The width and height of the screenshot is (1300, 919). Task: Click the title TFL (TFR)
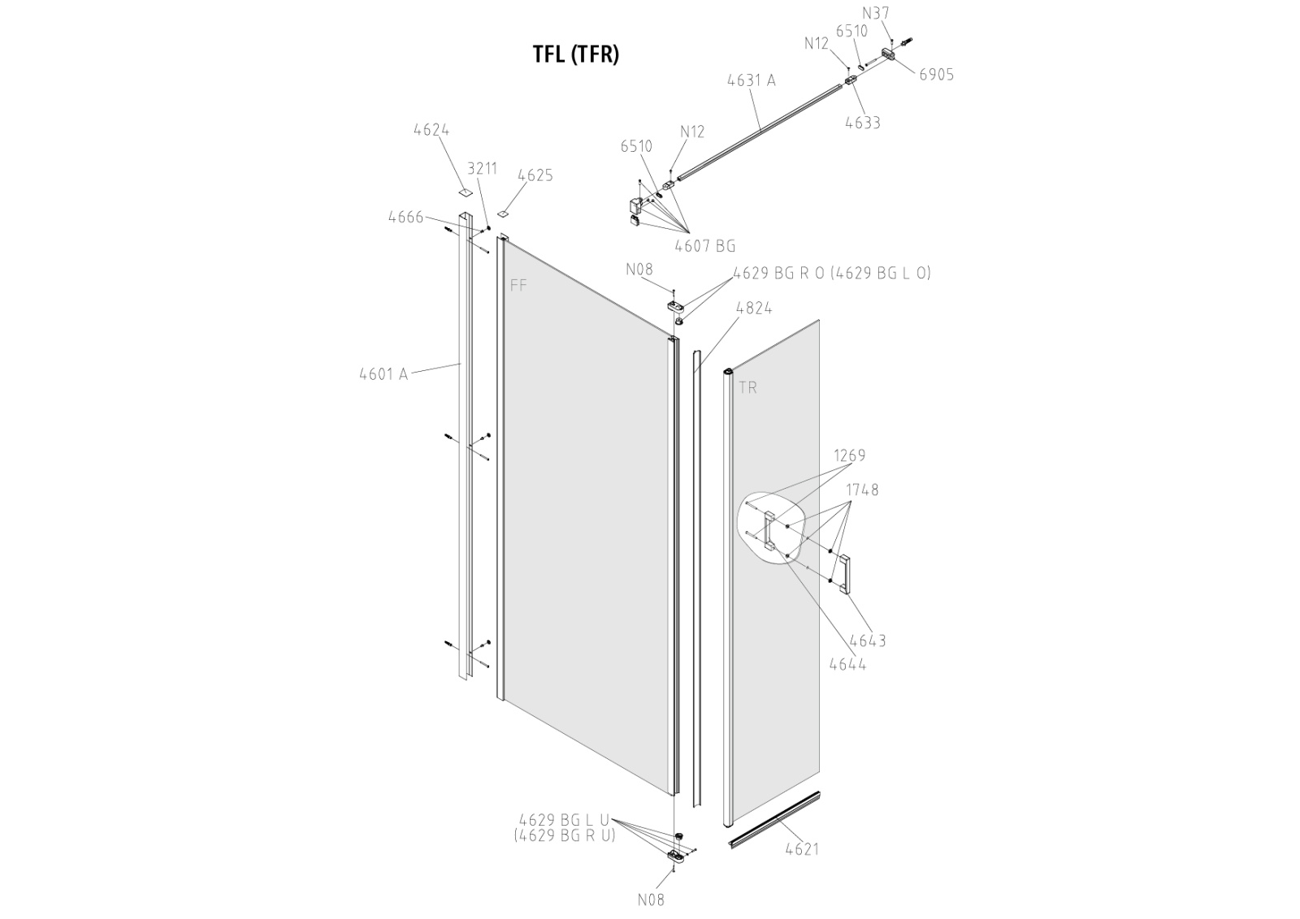coord(575,54)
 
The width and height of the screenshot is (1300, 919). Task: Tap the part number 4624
coord(431,130)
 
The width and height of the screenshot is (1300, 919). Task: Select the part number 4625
coord(535,175)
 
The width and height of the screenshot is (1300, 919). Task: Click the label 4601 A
coord(383,374)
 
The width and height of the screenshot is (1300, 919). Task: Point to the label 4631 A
coord(751,80)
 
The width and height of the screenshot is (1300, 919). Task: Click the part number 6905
coord(937,75)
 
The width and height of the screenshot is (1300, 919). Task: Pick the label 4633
coord(862,123)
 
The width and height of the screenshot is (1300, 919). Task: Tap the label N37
coord(875,13)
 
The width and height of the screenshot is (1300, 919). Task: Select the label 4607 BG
coord(704,246)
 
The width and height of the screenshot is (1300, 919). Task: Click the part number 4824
coord(753,308)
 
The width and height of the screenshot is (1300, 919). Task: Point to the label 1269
coord(849,455)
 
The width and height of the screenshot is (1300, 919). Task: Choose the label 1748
coord(862,490)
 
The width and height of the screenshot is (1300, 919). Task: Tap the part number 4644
coord(847,663)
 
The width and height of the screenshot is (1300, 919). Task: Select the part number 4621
coord(802,849)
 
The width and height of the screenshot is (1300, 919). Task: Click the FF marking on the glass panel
coord(518,285)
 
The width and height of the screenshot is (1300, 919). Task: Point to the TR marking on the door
coord(747,388)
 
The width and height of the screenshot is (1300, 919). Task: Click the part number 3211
coord(482,168)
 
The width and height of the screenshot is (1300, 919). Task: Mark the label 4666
coord(405,217)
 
